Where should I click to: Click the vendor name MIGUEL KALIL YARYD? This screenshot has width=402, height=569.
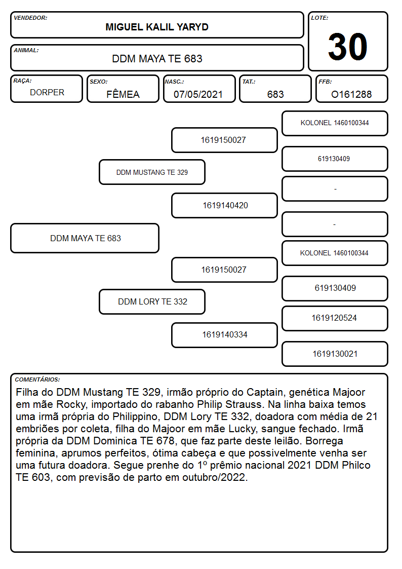157,27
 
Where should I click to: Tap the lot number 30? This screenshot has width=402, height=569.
348,47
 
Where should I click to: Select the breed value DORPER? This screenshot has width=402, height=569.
47,93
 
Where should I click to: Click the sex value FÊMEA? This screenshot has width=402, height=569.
123,94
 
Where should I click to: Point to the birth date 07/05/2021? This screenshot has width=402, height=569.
198,94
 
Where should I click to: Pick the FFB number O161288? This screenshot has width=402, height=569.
351,94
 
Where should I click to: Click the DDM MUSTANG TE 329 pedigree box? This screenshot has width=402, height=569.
152,172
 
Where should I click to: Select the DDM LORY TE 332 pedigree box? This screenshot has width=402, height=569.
152,301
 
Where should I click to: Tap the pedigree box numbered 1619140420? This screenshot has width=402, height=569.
225,205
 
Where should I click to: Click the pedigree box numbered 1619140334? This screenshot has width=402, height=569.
225,335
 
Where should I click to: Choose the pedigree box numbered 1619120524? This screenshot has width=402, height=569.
335,318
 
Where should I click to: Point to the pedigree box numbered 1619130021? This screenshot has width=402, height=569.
335,354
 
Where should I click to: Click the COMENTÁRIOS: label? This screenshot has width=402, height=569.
37,380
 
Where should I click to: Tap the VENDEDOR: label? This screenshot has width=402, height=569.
30,18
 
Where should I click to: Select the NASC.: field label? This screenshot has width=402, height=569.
174,82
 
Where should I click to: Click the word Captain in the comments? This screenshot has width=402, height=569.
265,392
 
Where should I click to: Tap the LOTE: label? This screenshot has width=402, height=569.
319,18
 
